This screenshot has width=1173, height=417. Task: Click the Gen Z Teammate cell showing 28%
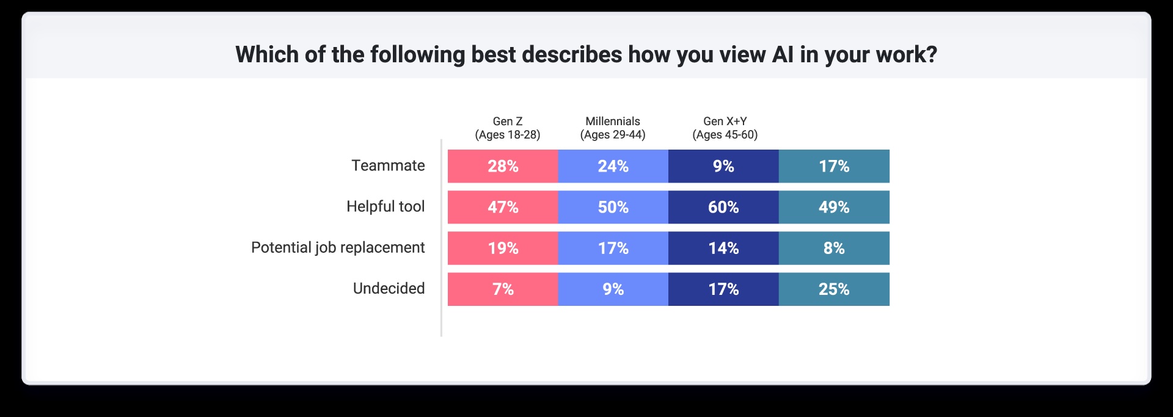point(503,166)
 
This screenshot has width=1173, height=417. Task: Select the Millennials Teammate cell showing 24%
point(613,166)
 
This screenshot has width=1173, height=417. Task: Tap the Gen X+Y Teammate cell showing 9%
point(723,166)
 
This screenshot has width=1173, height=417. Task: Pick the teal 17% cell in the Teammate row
point(834,166)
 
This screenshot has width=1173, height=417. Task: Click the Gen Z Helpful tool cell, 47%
point(503,207)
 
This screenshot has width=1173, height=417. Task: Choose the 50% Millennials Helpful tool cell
point(613,207)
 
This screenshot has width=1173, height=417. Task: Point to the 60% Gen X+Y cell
point(723,207)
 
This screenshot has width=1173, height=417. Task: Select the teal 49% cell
point(834,207)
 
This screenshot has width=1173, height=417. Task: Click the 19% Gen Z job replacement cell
point(503,248)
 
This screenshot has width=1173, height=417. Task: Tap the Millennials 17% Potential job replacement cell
point(613,248)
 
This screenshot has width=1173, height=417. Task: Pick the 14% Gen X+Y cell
point(723,248)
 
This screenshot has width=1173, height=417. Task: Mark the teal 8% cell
point(834,248)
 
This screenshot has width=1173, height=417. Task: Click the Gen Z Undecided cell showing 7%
point(503,289)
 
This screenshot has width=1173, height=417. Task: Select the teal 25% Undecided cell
point(834,289)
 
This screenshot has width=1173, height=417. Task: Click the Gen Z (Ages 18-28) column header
point(508,128)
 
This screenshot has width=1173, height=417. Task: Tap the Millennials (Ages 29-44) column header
point(613,128)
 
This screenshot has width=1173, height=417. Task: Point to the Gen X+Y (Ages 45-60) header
point(725,128)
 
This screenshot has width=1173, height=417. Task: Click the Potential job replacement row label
point(338,247)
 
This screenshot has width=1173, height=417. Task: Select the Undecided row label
point(389,288)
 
